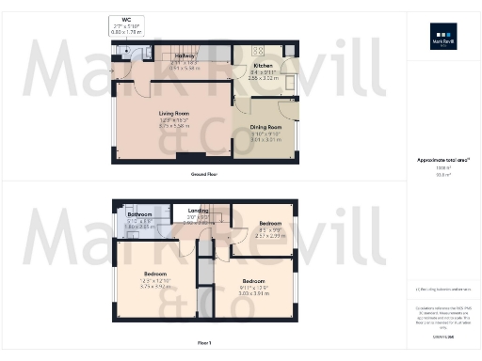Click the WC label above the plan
tap(126, 19)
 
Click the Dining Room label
tap(265, 127)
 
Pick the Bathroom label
tap(139, 215)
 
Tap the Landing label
tap(198, 211)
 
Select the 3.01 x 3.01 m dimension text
tap(265, 139)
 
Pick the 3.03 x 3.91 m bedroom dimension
tap(253, 293)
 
